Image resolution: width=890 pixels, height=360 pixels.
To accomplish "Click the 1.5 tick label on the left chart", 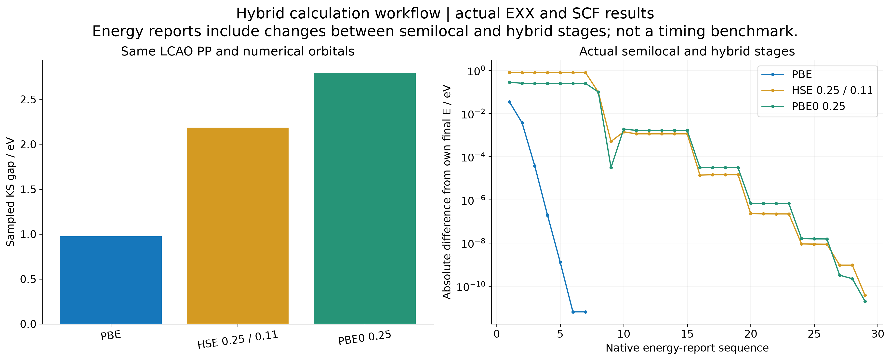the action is pos(28,189).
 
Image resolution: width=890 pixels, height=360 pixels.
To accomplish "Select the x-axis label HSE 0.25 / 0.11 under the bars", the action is pos(238,340).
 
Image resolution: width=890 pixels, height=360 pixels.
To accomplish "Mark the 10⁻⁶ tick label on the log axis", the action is pos(473,200).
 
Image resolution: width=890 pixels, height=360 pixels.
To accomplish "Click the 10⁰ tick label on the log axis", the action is pos(477,71).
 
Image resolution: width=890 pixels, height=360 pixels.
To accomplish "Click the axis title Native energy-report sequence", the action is pos(687,348).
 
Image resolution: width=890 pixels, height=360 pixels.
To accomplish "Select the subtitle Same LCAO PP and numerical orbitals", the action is pos(238,52).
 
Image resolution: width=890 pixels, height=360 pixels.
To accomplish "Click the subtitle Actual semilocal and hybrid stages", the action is pos(687,52).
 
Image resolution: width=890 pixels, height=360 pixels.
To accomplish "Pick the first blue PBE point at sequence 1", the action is pos(509,102).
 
